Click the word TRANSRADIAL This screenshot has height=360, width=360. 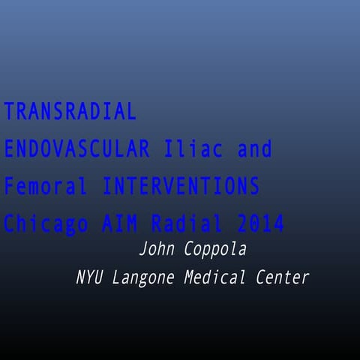70,112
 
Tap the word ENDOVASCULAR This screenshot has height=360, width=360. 76,149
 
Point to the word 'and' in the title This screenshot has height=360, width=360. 255,149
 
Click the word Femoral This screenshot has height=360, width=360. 46,187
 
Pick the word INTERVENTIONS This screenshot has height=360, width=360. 181,187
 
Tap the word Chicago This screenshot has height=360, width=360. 46,224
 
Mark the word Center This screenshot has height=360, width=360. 282,277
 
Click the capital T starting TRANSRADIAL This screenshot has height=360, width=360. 10,112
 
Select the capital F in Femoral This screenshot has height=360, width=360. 10,187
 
